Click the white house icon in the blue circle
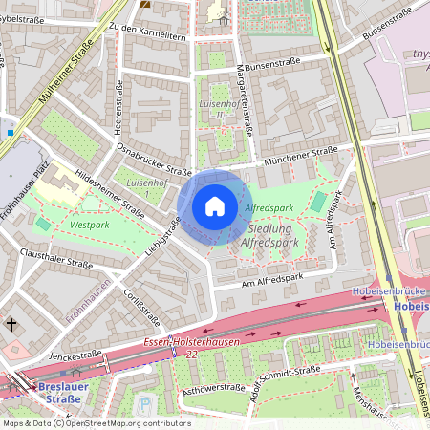(x=215, y=205)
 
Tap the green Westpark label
(x=88, y=226)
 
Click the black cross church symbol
(x=12, y=325)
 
